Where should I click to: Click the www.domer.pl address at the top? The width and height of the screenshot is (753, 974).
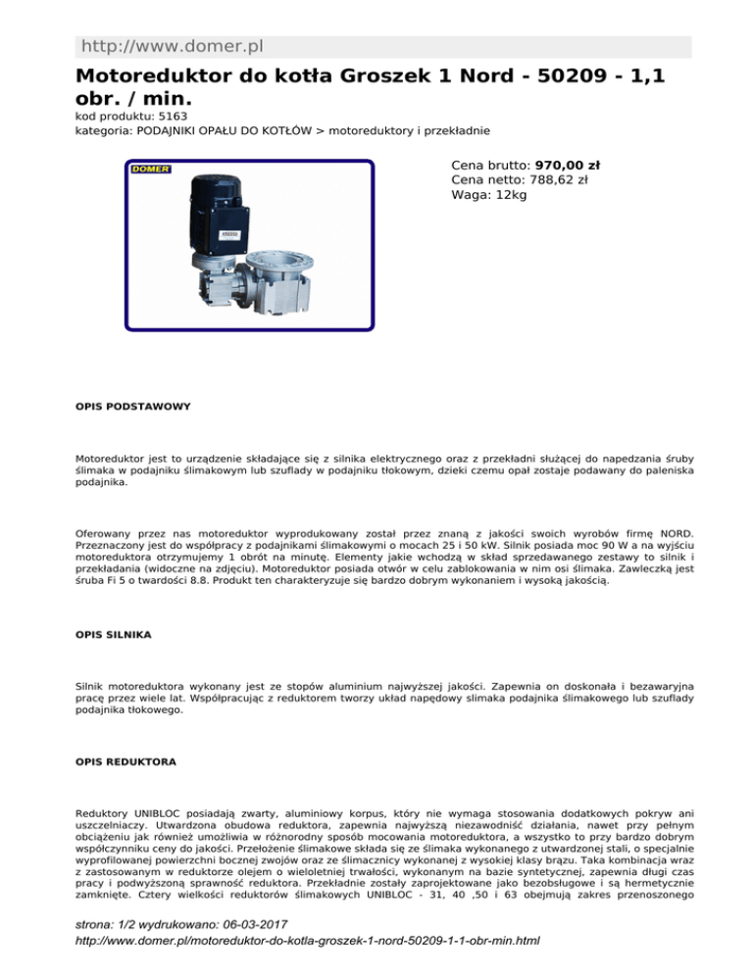pyautogui.click(x=173, y=46)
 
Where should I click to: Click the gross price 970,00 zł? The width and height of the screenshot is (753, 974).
pyautogui.click(x=568, y=166)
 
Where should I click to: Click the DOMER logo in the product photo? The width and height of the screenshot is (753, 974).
pyautogui.click(x=151, y=170)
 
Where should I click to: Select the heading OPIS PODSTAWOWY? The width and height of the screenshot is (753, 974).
pyautogui.click(x=133, y=405)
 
